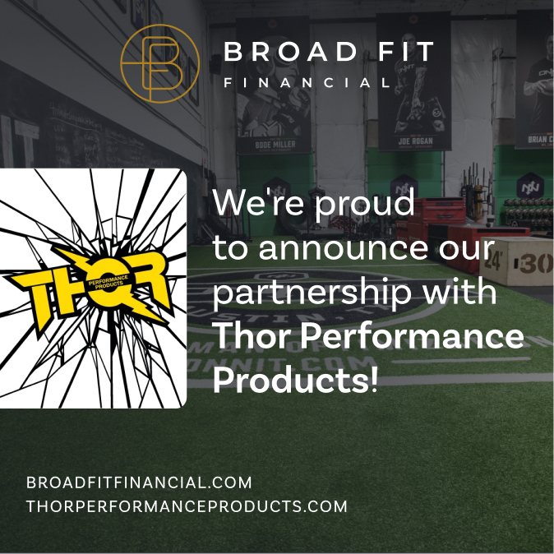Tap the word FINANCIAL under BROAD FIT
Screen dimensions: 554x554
(307, 83)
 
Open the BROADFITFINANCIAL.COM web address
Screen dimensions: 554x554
(139, 482)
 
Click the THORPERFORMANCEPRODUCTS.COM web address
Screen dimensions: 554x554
(187, 506)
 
